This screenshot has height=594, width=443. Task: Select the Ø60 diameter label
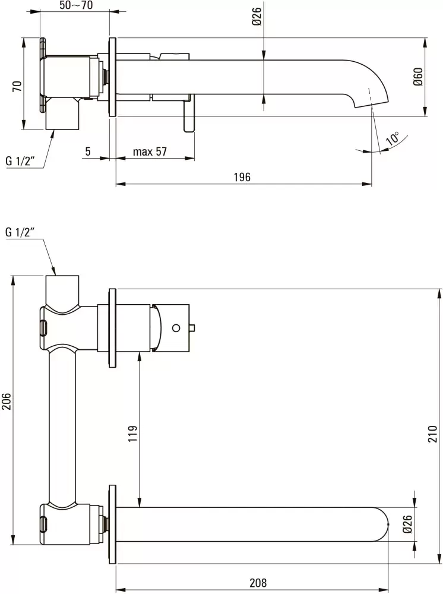[417, 77]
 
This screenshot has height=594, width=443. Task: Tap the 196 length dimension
[242, 177]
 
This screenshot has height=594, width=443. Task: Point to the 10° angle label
[393, 139]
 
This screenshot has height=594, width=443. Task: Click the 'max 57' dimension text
[150, 151]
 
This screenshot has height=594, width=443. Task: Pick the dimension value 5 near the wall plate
[88, 151]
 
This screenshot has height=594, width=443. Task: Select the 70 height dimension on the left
[17, 85]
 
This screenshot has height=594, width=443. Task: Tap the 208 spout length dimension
[258, 583]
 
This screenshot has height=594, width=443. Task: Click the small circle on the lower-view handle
[175, 327]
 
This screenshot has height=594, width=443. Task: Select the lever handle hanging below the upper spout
[189, 116]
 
